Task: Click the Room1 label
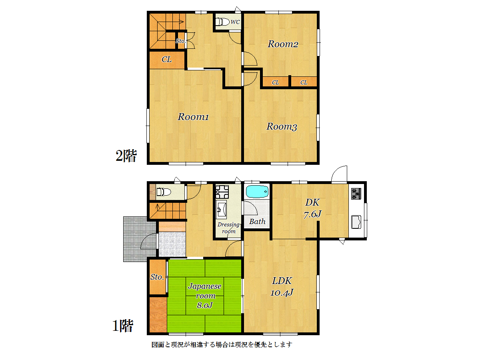tap(193, 117)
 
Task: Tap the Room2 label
tap(283, 44)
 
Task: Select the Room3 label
tap(282, 126)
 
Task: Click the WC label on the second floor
tap(235, 22)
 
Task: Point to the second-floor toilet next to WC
tap(222, 22)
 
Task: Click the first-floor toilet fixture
tap(164, 192)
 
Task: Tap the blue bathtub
tap(257, 192)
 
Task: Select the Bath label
tap(257, 222)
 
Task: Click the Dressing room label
tap(228, 228)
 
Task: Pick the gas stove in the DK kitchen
tap(356, 194)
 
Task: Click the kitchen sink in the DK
tap(356, 222)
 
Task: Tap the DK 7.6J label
tap(312, 208)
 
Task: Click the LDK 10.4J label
tap(282, 286)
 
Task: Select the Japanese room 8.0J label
tap(205, 295)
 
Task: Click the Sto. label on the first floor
tap(157, 277)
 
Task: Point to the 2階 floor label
tap(126, 156)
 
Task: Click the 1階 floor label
tap(123, 326)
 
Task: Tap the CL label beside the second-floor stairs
tap(166, 60)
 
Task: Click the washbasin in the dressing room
tap(221, 209)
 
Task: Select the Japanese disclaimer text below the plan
tap(222, 345)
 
